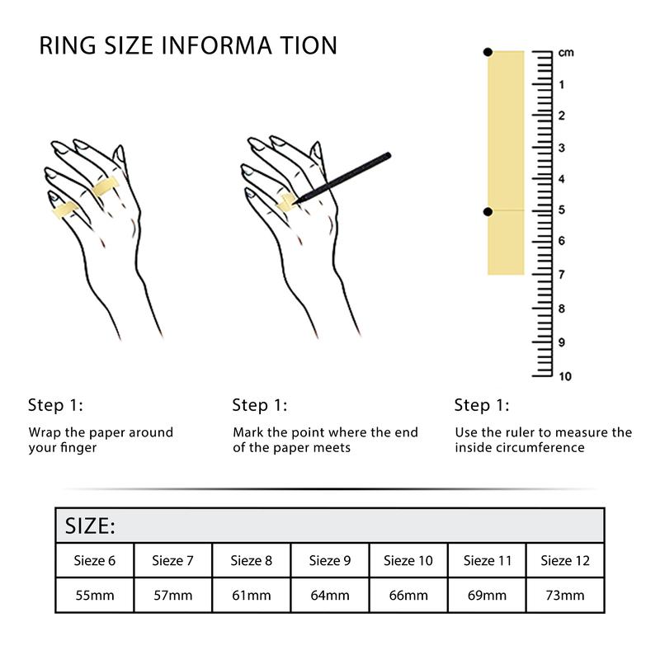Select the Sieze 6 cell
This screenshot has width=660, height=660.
click(x=94, y=561)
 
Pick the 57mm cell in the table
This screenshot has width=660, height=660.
click(x=172, y=595)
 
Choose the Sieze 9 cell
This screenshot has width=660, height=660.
click(x=329, y=561)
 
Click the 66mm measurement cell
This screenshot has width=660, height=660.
click(x=408, y=595)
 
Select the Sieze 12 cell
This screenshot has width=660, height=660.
click(x=565, y=561)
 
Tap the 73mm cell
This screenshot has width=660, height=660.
click(x=565, y=595)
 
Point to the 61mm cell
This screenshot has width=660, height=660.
click(x=251, y=595)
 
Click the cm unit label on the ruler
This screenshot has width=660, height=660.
click(x=566, y=53)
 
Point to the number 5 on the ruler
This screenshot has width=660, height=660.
click(x=562, y=210)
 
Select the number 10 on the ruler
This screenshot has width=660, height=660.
click(x=564, y=377)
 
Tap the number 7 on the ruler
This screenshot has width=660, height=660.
click(x=562, y=274)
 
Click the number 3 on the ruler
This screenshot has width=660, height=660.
click(x=562, y=148)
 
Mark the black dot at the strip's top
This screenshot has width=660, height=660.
click(x=488, y=53)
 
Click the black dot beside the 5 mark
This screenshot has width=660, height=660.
click(x=488, y=211)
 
